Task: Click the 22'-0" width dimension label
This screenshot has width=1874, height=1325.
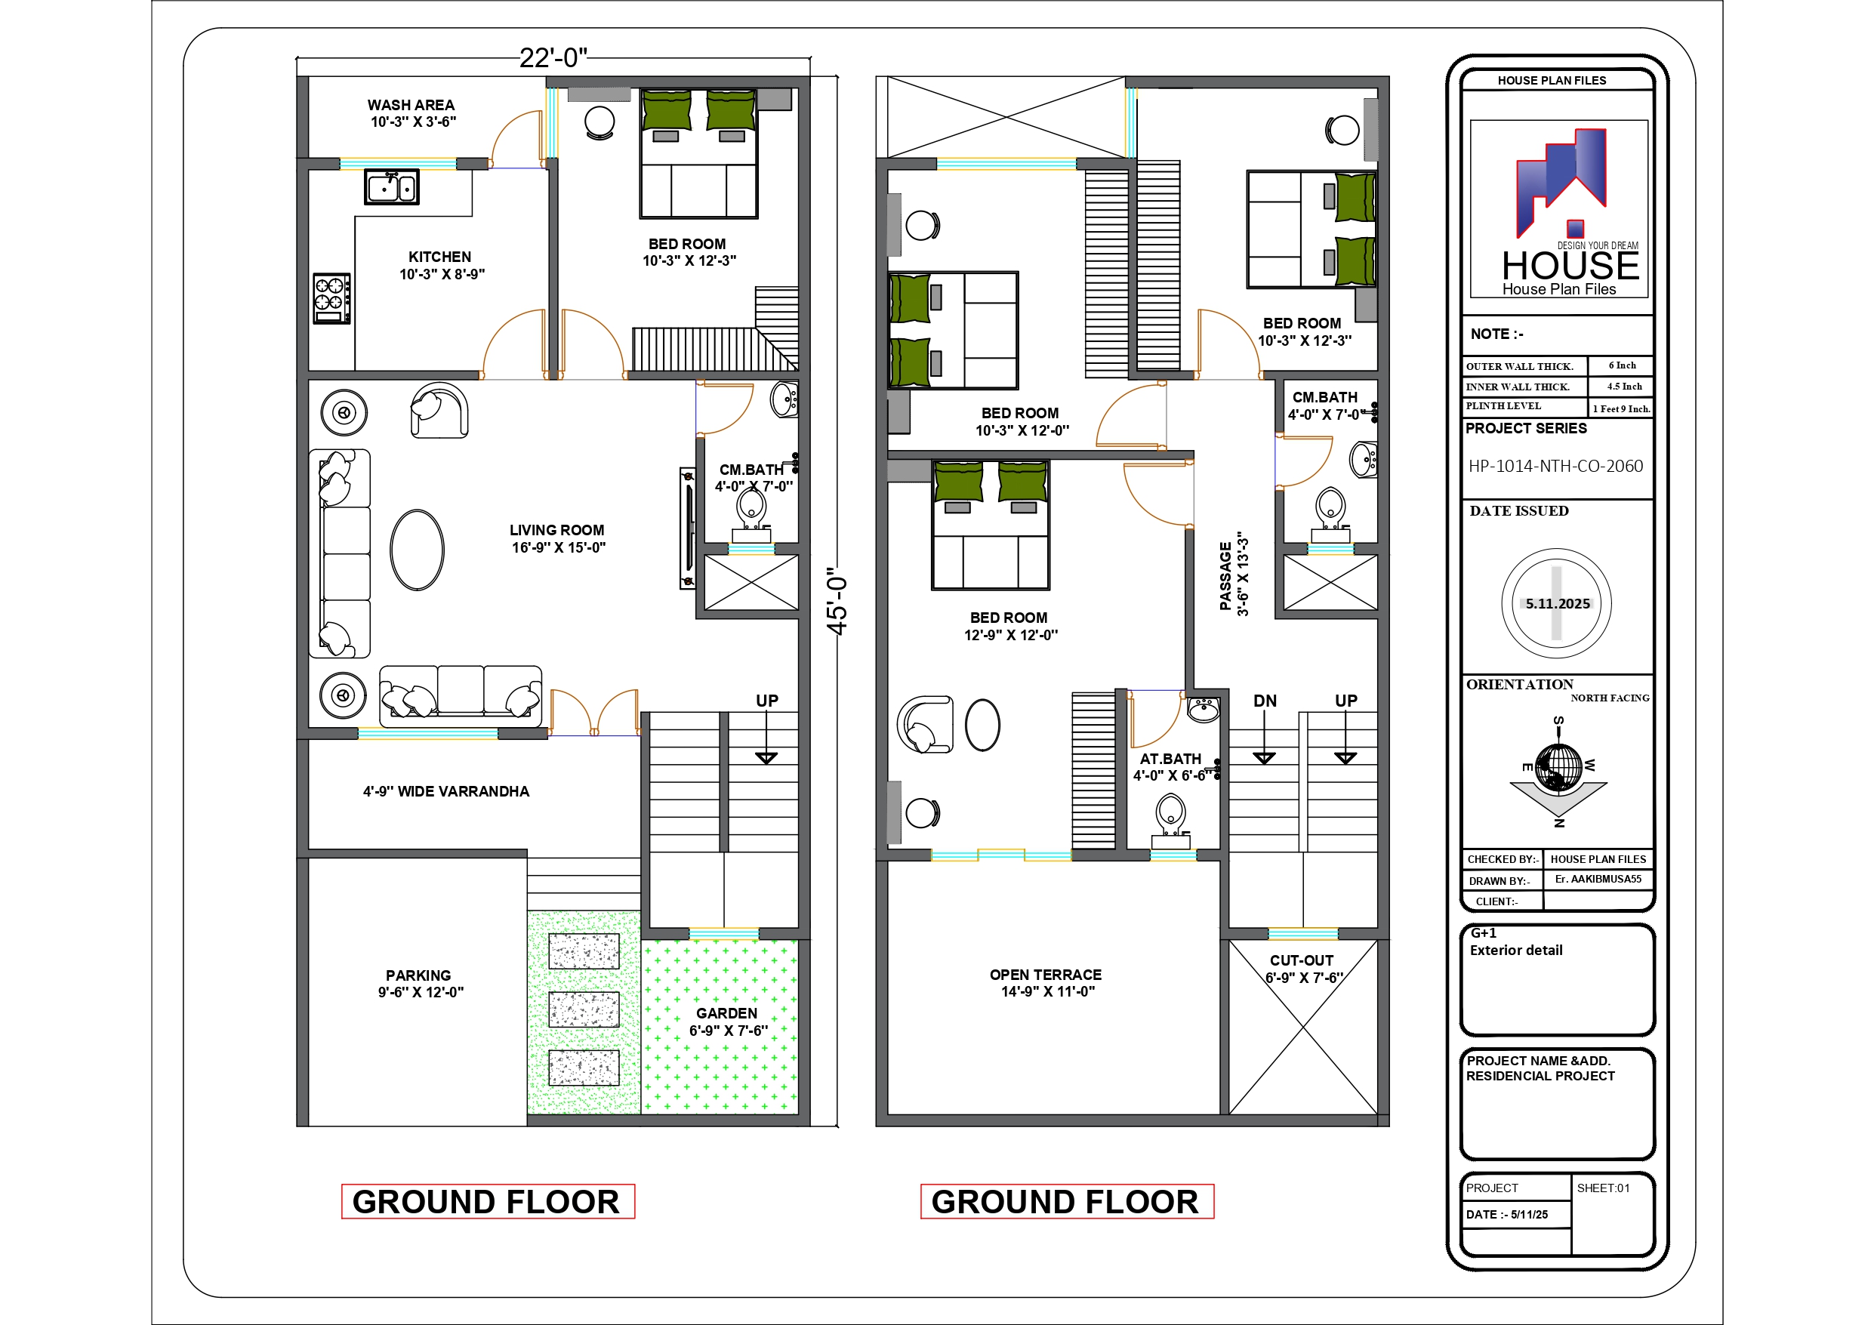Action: [x=553, y=58]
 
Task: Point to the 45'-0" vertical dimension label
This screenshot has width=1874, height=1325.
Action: [x=837, y=601]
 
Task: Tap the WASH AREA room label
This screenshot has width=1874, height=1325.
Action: [x=411, y=105]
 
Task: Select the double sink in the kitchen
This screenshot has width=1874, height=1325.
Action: [x=392, y=187]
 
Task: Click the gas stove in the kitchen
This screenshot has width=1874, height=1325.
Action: [x=332, y=298]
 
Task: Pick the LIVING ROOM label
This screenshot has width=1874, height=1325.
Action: [x=556, y=531]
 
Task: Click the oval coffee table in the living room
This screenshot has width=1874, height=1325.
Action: [x=417, y=550]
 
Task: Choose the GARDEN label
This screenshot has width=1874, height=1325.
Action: [x=726, y=1013]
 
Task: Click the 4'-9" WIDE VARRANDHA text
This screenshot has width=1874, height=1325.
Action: [x=446, y=791]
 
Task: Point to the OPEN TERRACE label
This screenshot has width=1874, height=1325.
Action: [x=1046, y=975]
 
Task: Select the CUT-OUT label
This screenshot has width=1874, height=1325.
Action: [x=1302, y=961]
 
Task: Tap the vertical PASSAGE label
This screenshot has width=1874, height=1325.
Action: [x=1225, y=576]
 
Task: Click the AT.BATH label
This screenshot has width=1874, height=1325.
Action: [x=1170, y=760]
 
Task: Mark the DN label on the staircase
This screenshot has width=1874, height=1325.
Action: [x=1265, y=701]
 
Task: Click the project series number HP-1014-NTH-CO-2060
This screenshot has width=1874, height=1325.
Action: [x=1555, y=466]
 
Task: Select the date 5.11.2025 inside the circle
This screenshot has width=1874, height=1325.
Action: [x=1558, y=604]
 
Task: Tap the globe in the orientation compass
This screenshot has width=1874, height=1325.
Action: [x=1558, y=766]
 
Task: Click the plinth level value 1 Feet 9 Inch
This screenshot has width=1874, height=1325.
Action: [x=1621, y=409]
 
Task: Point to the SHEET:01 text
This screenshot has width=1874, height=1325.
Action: [x=1603, y=1188]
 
